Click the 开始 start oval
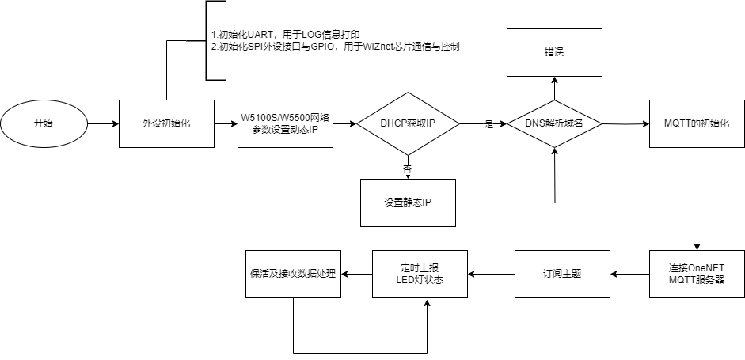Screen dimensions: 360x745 [x=44, y=123]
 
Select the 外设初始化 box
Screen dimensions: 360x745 [x=166, y=123]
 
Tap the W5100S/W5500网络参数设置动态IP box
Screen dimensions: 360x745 [x=285, y=123]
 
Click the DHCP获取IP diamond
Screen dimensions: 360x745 [x=408, y=123]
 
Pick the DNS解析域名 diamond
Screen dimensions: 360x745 [x=553, y=123]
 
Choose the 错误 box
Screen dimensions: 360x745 [x=553, y=52]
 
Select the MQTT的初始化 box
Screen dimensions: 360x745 [x=697, y=123]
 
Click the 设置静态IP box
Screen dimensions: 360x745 [x=408, y=203]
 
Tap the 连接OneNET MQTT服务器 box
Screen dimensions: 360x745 [x=697, y=274]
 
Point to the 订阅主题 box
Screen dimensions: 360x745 [x=562, y=274]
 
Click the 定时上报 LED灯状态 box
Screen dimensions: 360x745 [x=420, y=274]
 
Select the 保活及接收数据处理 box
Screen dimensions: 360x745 [x=293, y=274]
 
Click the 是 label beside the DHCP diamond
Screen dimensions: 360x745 [x=488, y=124]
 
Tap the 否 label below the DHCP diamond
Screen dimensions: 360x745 [x=407, y=169]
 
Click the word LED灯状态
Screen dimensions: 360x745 [x=420, y=280]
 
